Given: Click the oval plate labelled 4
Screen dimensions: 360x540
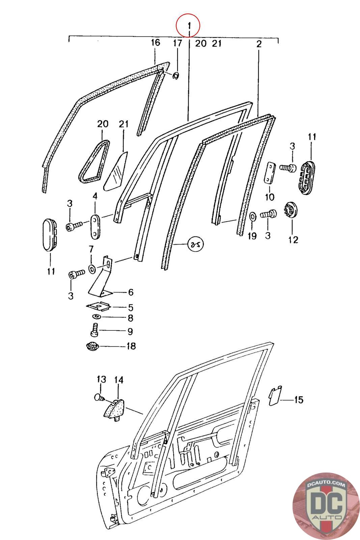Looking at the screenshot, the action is click(95, 225).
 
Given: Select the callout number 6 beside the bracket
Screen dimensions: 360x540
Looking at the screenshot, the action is click(130, 292).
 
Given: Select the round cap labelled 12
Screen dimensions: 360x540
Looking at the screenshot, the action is click(291, 211).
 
